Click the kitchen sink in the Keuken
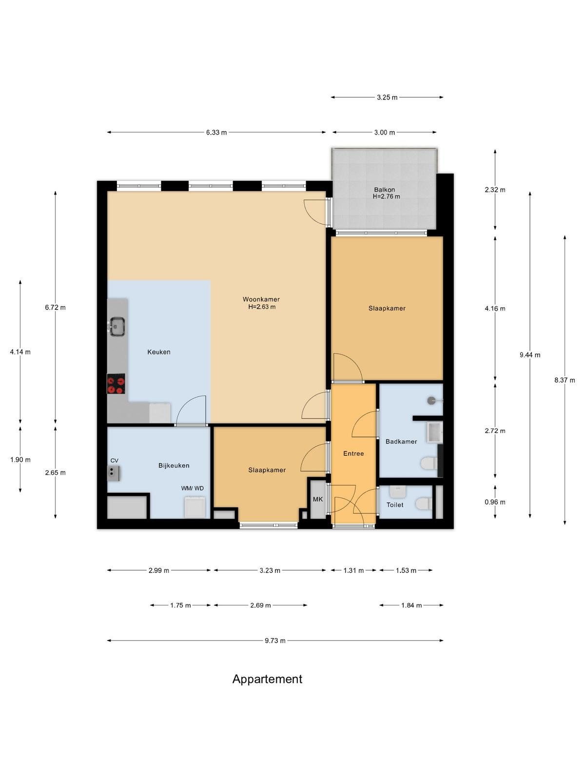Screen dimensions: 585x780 tap(117, 326)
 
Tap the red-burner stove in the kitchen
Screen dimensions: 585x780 tap(116, 384)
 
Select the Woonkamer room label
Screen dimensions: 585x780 tap(261, 299)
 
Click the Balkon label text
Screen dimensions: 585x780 tap(384, 190)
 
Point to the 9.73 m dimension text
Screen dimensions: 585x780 tap(275, 641)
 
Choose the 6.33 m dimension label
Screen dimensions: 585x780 tap(216, 133)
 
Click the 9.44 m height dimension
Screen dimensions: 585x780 tap(530, 354)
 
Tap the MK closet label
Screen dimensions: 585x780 tap(318, 499)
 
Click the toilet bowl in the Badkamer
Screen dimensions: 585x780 tap(429, 463)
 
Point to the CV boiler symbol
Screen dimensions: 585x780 tap(114, 473)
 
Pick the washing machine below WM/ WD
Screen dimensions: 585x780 tap(195, 507)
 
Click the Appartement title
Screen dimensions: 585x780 tap(267, 679)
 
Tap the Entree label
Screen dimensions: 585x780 tap(353, 453)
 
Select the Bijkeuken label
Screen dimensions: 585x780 tap(174, 466)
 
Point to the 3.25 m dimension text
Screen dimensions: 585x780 tap(387, 97)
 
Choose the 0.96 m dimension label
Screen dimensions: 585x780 tap(495, 502)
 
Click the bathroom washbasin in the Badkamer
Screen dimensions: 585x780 tap(434, 432)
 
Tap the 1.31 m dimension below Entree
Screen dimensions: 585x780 tap(353, 570)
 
